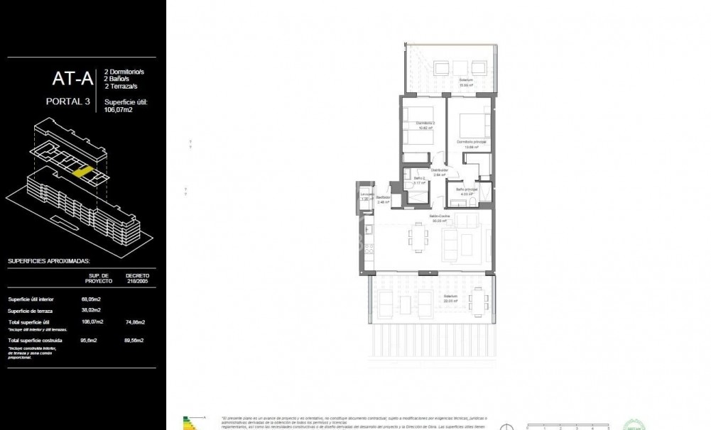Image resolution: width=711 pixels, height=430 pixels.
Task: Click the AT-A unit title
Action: [72, 77]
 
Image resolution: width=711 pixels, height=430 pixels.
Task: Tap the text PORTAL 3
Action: [67, 101]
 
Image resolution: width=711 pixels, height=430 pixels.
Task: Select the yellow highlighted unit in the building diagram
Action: [82, 172]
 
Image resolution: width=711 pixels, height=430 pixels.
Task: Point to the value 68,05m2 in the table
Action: [91, 299]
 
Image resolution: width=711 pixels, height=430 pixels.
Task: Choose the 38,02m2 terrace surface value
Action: [91, 310]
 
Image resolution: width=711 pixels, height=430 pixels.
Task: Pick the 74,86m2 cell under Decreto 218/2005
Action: [135, 322]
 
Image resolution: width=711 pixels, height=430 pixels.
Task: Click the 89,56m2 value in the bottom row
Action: [135, 341]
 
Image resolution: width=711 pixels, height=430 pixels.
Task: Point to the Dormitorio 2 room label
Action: [425, 126]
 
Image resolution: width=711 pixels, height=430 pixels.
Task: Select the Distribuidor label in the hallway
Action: [440, 170]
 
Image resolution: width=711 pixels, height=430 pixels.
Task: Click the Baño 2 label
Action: [419, 180]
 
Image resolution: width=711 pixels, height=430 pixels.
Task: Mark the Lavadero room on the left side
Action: [366, 196]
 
